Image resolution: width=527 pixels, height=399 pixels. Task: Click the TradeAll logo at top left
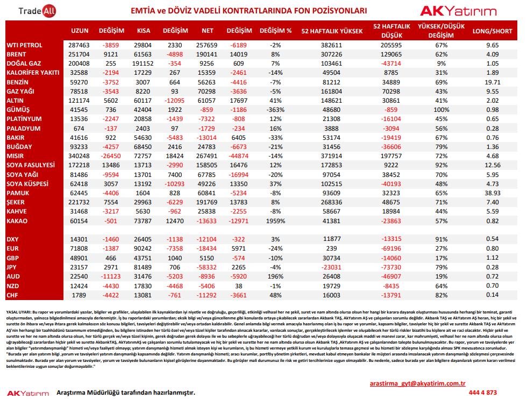[x=37, y=11]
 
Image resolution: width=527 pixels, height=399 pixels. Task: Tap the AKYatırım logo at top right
[x=458, y=11]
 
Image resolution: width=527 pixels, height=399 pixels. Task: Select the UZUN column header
[x=80, y=31]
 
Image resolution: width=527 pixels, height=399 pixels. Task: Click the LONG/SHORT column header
[x=493, y=31]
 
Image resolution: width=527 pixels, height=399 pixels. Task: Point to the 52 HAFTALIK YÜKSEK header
[x=332, y=31]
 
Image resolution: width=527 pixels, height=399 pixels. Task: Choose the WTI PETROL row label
[x=25, y=45]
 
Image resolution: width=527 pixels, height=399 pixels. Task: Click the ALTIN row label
[x=15, y=101]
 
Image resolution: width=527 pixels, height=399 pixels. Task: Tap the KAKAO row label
[x=17, y=221]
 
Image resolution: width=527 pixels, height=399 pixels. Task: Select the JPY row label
[x=11, y=267]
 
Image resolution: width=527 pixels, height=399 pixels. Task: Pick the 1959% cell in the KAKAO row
[x=275, y=221]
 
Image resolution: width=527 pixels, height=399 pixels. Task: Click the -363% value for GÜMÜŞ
[x=275, y=110]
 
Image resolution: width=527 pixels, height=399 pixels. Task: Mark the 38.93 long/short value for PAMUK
[x=493, y=193]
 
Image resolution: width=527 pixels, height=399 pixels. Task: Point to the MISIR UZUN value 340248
[x=79, y=156]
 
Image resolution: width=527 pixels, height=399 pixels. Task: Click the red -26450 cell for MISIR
[x=111, y=156]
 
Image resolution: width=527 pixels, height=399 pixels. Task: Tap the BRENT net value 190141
[x=206, y=54]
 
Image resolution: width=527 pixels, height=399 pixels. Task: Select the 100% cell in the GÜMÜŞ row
[x=441, y=110]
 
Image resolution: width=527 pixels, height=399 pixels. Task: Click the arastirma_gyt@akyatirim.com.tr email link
[x=418, y=383]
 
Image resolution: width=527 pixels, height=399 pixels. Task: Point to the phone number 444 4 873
[x=483, y=393]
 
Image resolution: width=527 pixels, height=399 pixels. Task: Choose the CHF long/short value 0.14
[x=493, y=295]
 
